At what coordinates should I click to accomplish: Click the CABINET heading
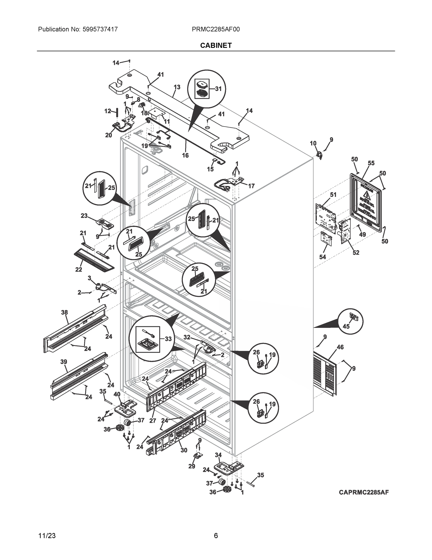216,45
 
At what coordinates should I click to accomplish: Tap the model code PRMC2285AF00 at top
216,29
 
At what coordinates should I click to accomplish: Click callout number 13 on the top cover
177,87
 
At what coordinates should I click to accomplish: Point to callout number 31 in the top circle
218,89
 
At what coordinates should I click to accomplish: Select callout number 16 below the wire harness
185,155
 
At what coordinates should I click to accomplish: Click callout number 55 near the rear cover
371,163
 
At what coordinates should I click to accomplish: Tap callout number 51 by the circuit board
333,195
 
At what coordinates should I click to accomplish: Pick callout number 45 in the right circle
346,326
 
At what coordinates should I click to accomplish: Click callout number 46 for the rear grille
340,347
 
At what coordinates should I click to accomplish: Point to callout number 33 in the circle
168,339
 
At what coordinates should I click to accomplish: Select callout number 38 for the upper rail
64,312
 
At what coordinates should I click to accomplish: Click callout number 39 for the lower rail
64,362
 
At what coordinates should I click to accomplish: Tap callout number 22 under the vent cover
78,269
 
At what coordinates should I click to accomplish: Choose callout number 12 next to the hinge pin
108,111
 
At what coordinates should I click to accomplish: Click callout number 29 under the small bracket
192,466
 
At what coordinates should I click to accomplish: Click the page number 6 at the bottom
216,536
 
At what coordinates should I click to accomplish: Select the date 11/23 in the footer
47,536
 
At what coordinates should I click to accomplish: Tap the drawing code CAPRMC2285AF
364,492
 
